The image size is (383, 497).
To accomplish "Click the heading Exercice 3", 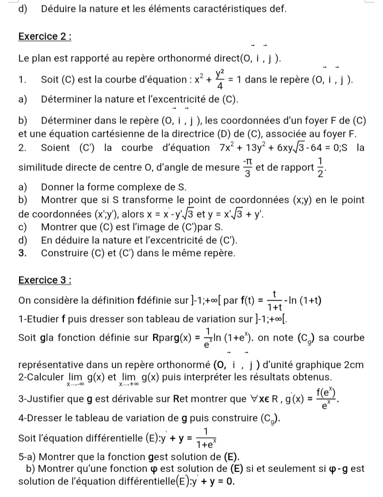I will click(45, 280).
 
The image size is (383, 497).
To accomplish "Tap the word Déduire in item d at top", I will click(62, 9).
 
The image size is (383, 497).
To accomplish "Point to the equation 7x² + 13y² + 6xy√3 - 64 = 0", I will click(278, 147).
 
